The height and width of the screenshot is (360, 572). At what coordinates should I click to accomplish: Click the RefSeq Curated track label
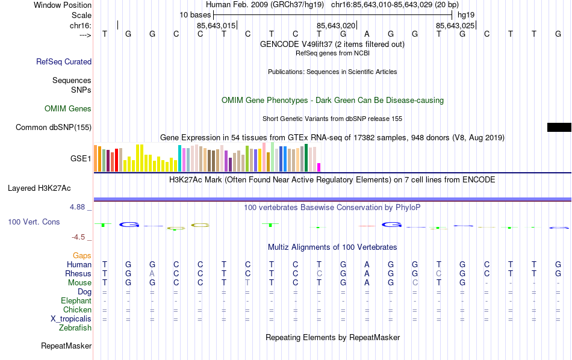click(64, 61)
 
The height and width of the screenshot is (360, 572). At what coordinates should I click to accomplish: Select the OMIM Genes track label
click(68, 109)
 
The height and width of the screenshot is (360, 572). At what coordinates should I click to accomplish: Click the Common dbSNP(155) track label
click(54, 127)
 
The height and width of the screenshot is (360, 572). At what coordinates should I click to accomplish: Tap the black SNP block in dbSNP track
click(559, 127)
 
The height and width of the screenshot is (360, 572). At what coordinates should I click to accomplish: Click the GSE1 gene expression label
click(81, 159)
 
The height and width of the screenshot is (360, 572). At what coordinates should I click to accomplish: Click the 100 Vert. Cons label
click(34, 222)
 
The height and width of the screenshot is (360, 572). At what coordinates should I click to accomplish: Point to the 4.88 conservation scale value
click(78, 207)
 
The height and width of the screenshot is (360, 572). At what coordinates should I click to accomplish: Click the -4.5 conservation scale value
click(78, 237)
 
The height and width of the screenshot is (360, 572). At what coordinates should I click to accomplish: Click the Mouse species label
click(79, 283)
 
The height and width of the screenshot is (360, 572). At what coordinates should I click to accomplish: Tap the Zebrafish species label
click(75, 328)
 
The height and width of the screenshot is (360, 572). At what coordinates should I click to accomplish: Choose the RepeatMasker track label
click(66, 346)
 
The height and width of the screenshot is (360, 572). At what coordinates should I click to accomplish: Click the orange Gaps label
click(82, 256)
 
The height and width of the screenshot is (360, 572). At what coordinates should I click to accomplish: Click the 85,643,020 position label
click(336, 25)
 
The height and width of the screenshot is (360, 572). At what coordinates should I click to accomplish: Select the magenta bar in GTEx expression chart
click(319, 167)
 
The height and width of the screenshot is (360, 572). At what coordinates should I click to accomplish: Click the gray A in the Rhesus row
click(152, 274)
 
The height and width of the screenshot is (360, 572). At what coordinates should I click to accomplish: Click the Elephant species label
click(76, 301)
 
